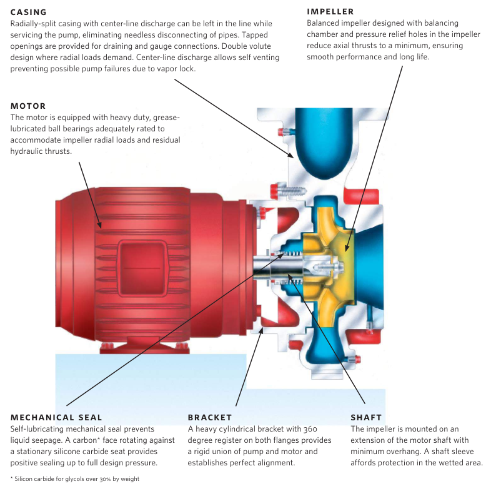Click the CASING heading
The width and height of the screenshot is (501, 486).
29,12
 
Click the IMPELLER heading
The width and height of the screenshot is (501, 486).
330,12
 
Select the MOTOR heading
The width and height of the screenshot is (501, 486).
28,106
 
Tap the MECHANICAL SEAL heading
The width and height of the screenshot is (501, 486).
56,417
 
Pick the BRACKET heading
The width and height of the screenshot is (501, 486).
210,417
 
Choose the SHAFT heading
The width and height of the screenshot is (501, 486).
366,417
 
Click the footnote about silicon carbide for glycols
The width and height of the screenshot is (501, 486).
75,478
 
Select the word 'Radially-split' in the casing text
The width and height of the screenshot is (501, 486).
34,24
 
